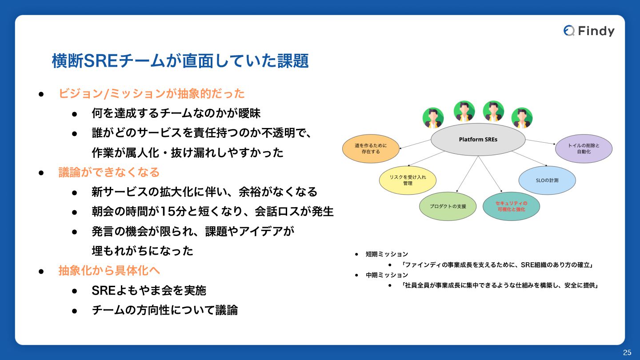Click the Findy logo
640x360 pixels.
[589, 31]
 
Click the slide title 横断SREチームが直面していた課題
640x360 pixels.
[180, 61]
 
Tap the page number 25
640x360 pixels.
[627, 352]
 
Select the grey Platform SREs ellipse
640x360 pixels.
[478, 140]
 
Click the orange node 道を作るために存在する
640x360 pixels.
[371, 148]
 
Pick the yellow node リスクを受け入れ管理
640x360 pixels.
[408, 180]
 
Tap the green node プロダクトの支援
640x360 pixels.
[448, 206]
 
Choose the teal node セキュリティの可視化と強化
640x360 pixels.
[511, 206]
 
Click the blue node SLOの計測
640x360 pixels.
[547, 180]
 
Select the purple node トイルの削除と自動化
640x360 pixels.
[584, 148]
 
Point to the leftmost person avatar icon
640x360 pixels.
[433, 118]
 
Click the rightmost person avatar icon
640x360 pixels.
[522, 118]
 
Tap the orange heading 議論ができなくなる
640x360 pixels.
[109, 172]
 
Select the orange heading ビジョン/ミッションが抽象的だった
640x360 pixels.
[152, 94]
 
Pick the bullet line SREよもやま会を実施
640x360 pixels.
[149, 290]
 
